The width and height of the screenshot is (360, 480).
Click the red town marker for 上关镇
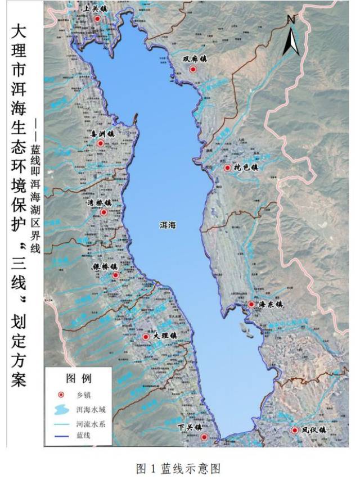tap(98, 19)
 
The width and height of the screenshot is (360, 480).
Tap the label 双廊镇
tap(195, 58)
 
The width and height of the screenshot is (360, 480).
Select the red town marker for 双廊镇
tap(192, 70)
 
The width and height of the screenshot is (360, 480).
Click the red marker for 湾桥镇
tap(103, 212)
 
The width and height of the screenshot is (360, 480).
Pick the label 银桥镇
tap(106, 266)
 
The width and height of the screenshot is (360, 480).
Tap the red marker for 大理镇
tap(146, 337)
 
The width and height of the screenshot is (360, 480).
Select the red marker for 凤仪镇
tap(295, 431)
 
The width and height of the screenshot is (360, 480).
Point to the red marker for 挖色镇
tap(227, 168)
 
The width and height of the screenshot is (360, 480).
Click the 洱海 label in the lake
tap(168, 225)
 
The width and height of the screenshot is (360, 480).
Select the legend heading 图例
tap(79, 378)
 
